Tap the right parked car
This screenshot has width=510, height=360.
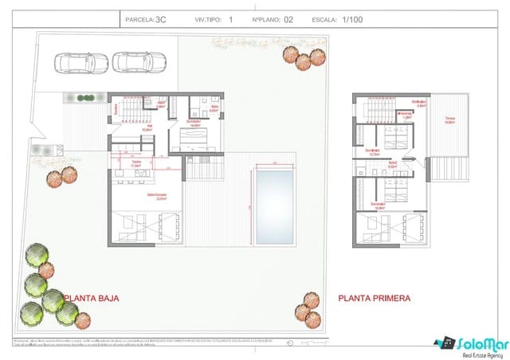139,62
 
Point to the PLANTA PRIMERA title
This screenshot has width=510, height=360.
375,299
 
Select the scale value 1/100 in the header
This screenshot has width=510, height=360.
352,19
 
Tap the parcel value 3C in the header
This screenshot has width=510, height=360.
162,19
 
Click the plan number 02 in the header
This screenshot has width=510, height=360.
288,19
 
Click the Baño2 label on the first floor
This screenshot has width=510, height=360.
393,162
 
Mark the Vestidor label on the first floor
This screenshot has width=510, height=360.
406,113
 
